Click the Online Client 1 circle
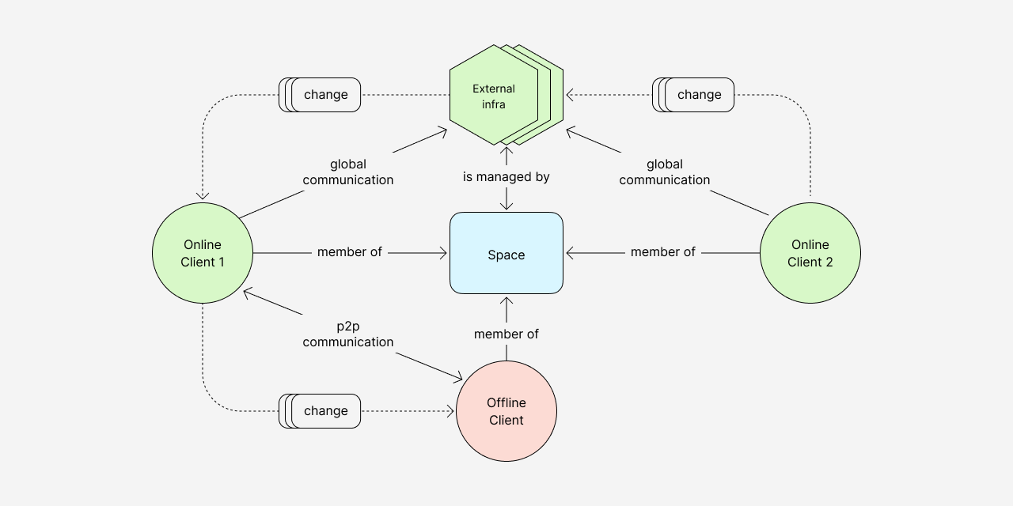203,253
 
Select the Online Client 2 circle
810,253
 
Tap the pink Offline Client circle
506,411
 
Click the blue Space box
506,254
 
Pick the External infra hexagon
494,95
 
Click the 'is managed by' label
506,177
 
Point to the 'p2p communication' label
348,334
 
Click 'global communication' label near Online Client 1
348,172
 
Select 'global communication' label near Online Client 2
665,172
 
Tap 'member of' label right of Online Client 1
350,252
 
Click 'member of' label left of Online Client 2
663,252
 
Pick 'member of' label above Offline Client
506,334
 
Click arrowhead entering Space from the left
445,253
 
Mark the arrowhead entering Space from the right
570,253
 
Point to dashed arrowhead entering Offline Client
451,411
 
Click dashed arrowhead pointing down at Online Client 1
203,196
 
